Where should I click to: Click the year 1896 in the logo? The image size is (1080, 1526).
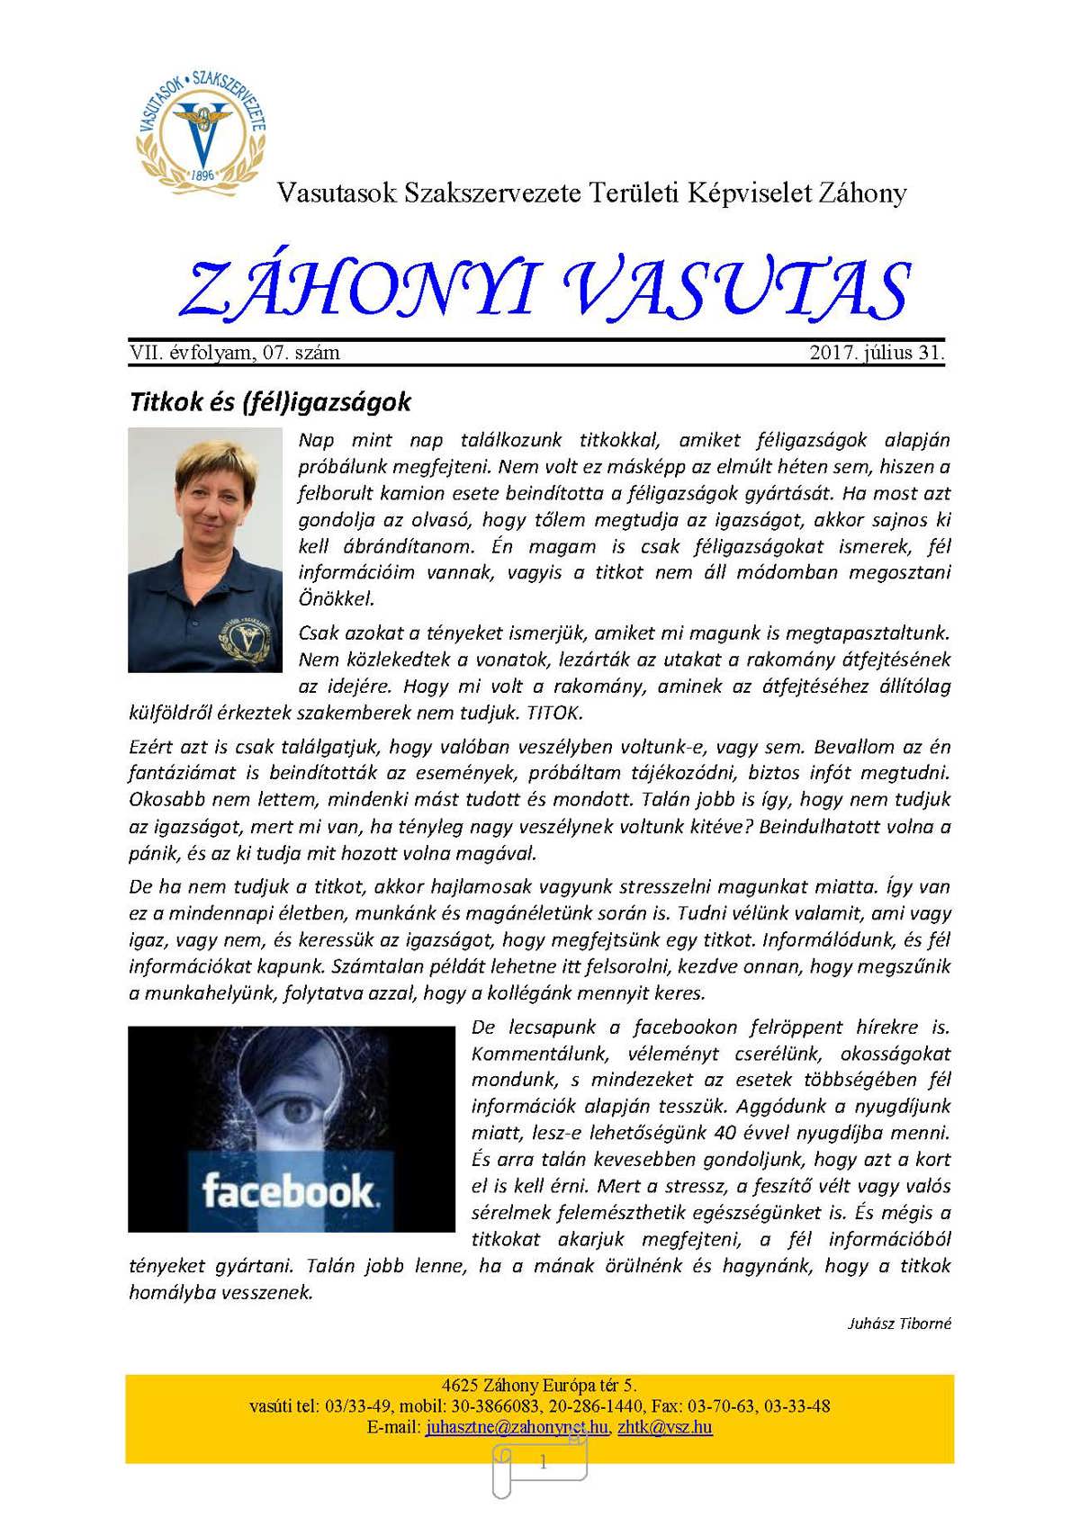203,174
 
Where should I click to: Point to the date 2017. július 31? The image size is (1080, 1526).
877,353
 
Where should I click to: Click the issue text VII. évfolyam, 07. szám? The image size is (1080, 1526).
235,353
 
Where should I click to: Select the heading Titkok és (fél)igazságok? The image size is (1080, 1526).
270,401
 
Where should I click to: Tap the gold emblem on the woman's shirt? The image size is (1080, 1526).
237,638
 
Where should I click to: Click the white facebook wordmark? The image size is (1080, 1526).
287,1191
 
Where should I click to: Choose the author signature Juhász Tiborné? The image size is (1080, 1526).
899,1324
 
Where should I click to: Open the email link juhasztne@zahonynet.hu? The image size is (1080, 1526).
517,1427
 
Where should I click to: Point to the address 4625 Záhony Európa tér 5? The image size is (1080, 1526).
539,1385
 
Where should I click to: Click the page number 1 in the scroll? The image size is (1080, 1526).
543,1463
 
